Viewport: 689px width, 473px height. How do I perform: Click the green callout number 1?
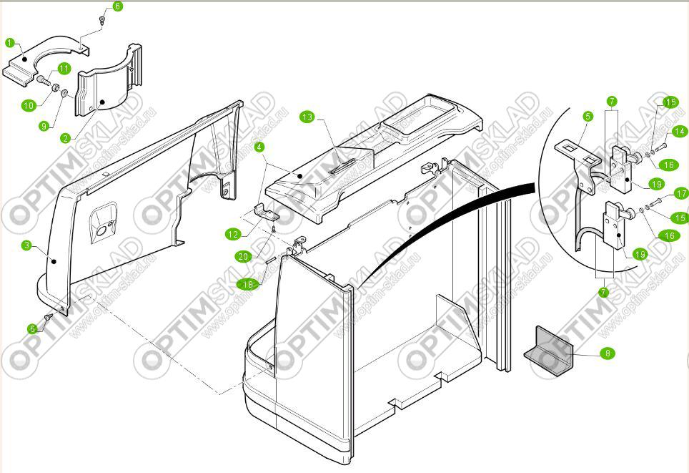(x=11, y=43)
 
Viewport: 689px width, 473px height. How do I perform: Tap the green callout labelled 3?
(x=27, y=245)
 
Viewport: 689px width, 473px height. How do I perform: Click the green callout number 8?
(x=607, y=353)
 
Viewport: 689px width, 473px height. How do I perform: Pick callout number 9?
(x=44, y=126)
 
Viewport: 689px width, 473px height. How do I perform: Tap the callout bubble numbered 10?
(x=29, y=105)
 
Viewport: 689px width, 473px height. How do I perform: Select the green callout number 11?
(x=64, y=69)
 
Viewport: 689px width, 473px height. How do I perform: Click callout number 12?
(x=233, y=233)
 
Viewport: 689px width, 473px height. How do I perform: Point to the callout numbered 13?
(x=307, y=117)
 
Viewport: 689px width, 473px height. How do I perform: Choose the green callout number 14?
(x=678, y=131)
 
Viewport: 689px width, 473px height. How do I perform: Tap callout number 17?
(x=680, y=193)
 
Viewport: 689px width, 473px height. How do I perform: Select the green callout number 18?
(x=247, y=284)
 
